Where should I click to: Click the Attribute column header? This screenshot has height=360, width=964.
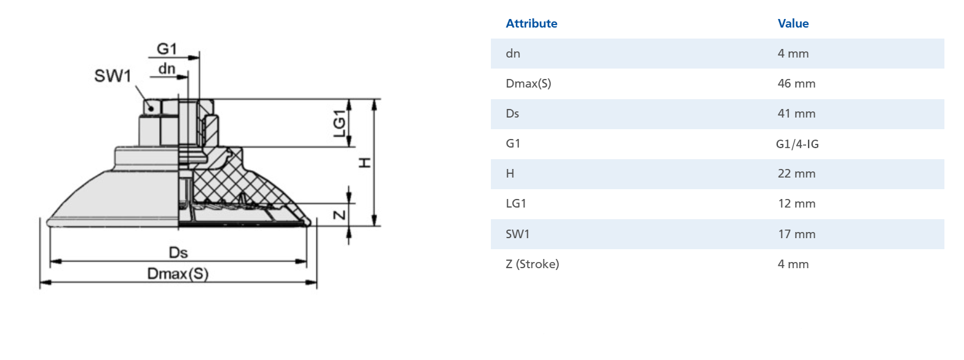coord(531,23)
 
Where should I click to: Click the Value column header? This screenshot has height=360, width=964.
coord(793,23)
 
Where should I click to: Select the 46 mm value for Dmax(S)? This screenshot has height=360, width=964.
coord(796,83)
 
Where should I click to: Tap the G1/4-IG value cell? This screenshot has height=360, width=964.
coord(796,144)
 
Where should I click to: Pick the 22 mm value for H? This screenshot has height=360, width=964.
coord(796,173)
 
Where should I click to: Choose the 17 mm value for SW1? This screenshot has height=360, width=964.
coord(796,234)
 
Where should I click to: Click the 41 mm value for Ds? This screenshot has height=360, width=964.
coord(796,113)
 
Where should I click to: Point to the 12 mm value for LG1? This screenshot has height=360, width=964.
coord(796,203)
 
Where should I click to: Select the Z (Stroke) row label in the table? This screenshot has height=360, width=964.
coord(532,264)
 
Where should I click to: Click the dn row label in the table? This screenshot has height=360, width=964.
coord(513,53)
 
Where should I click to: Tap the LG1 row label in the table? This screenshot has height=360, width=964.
coord(515,203)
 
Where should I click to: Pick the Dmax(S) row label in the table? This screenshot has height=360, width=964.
coord(528,83)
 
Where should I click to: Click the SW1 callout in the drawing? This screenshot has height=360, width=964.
coord(113,76)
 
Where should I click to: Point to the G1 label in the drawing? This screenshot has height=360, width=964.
coord(166,48)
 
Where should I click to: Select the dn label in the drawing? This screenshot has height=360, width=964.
coord(166,69)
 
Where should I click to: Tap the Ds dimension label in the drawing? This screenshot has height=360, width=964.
coord(178,252)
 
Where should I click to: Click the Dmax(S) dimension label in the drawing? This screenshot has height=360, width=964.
coord(177,274)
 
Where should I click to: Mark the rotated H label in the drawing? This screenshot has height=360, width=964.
coord(365,162)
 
